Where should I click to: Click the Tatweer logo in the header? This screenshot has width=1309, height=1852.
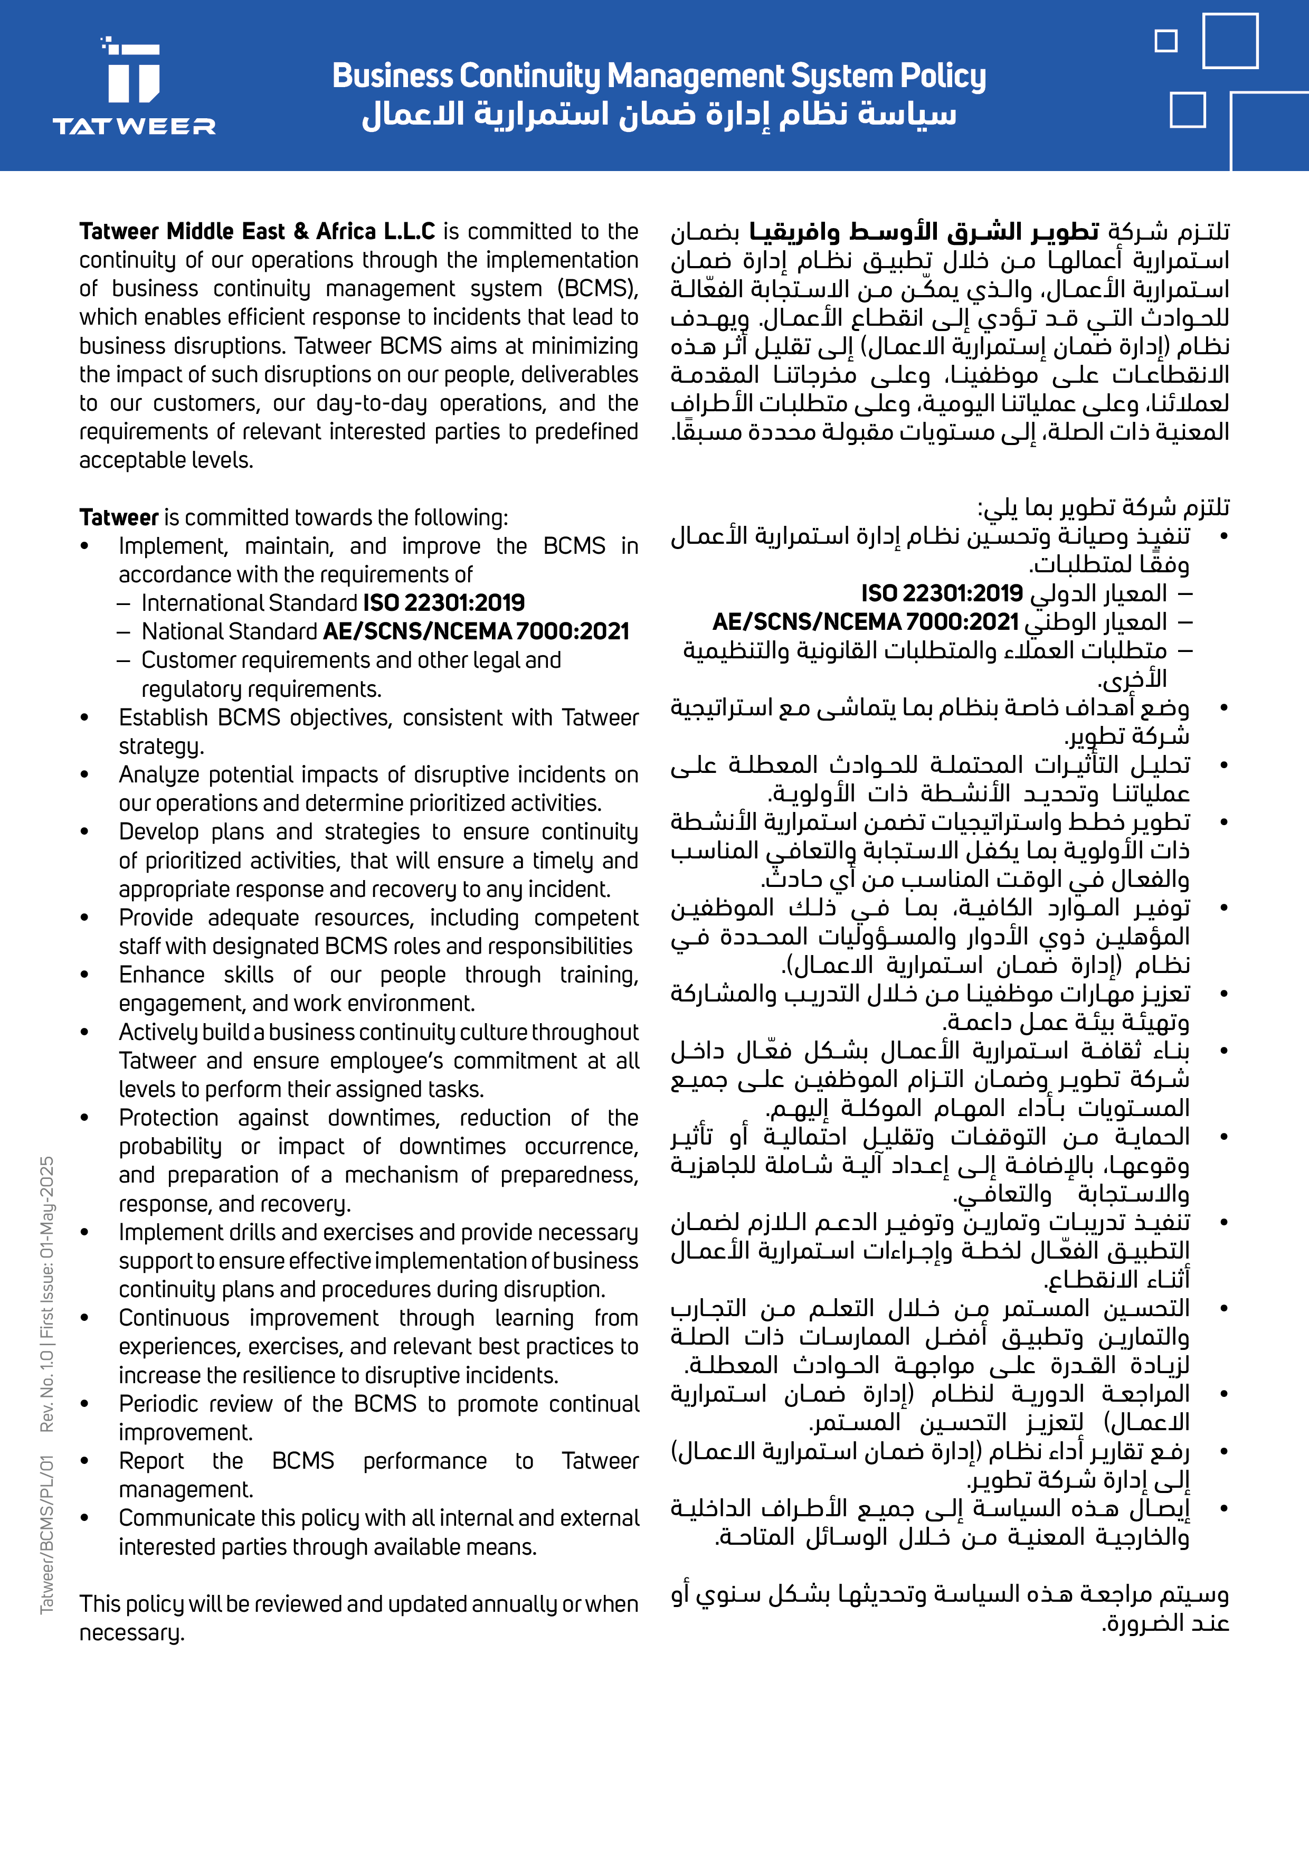134,86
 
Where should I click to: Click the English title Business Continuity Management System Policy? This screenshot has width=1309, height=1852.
658,76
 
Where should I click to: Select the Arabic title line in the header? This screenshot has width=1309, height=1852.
658,115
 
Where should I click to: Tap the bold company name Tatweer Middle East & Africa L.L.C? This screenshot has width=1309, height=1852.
257,231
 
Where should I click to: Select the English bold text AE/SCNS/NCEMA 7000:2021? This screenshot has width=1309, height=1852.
476,631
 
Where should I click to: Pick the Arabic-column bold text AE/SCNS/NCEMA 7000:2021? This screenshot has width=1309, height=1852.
866,622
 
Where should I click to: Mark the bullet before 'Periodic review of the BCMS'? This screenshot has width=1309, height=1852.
84,1404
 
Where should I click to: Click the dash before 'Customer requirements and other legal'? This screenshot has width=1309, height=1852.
124,660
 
